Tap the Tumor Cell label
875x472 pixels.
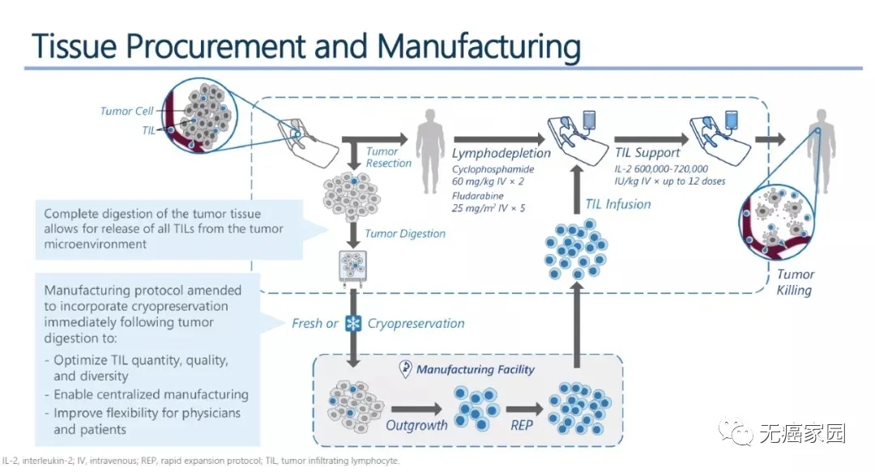point(126,111)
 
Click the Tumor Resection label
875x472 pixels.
point(383,157)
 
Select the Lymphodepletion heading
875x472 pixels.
point(501,152)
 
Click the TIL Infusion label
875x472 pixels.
point(618,204)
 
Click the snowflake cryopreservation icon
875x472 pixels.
point(353,323)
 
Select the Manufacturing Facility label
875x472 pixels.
point(475,369)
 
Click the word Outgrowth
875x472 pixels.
point(416,425)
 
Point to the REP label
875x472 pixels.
point(522,425)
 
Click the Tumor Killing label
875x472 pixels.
point(794,282)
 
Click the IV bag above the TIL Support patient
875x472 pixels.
point(732,118)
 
